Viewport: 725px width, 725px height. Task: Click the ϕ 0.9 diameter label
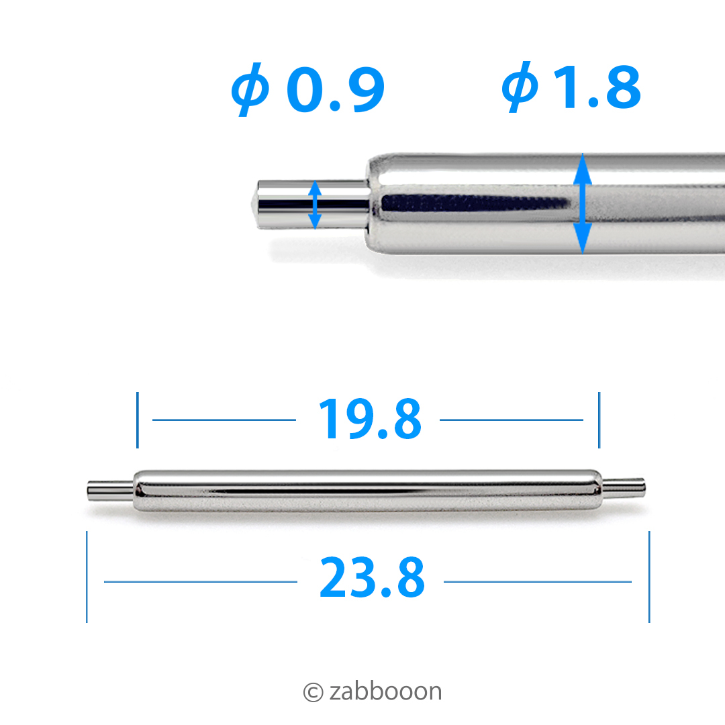tap(308, 89)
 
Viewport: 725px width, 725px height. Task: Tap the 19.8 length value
tap(370, 419)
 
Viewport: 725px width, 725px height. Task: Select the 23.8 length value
tap(372, 577)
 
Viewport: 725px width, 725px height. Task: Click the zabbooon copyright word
tap(385, 691)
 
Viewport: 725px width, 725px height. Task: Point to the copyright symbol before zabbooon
tap(313, 692)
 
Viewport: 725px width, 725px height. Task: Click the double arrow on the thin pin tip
tap(315, 205)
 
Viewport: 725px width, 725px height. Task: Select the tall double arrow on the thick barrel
tap(583, 203)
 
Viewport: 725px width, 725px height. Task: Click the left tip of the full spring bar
tap(89, 491)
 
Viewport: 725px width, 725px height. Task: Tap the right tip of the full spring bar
tap(644, 487)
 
